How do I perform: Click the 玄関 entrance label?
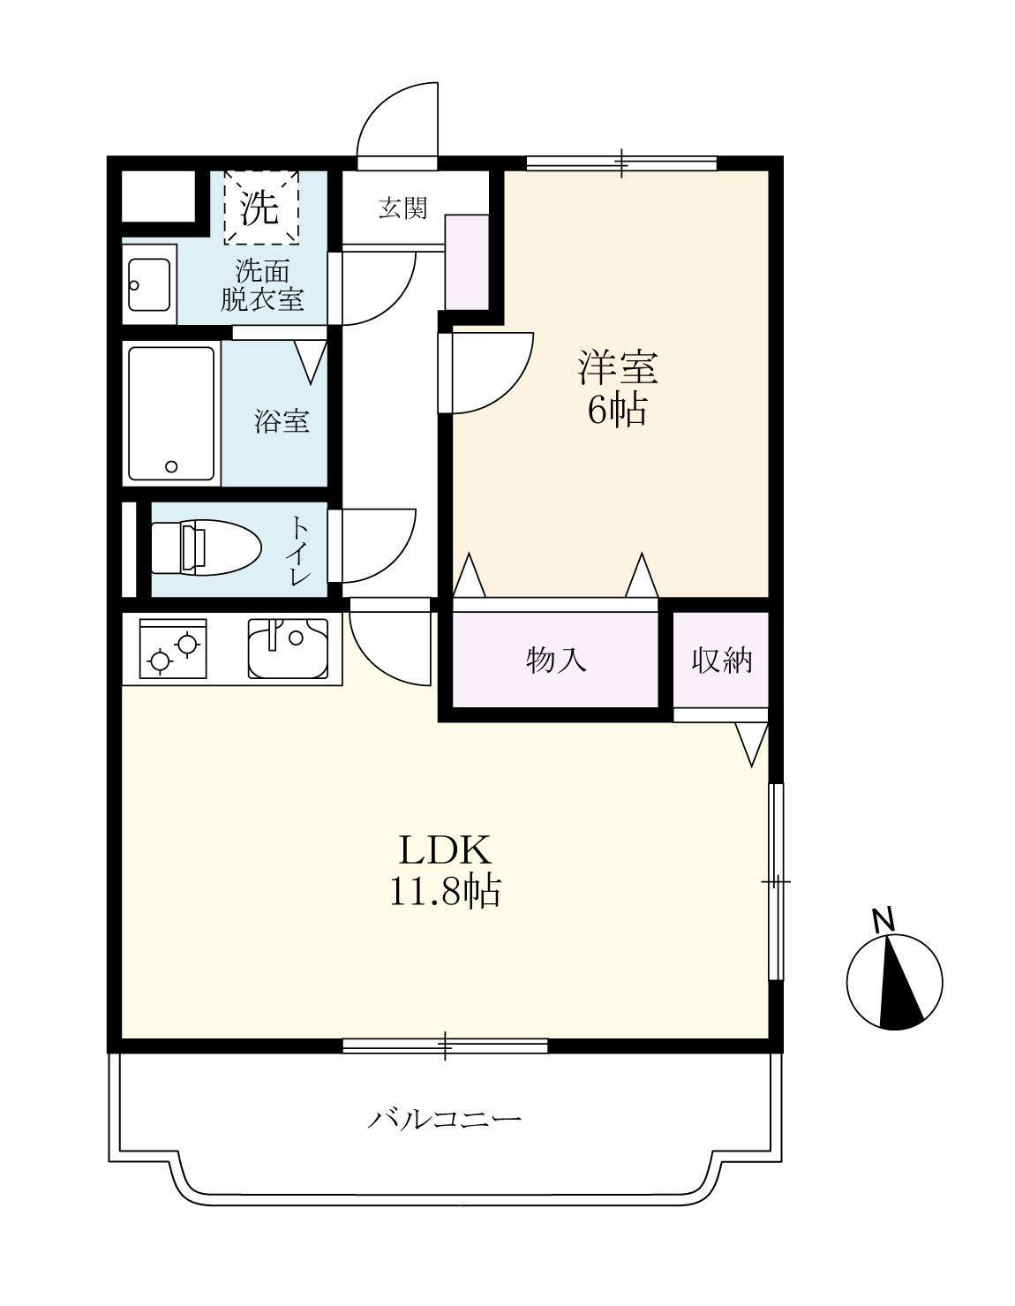click(402, 208)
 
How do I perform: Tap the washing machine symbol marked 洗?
click(260, 207)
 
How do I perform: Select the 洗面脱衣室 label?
click(261, 285)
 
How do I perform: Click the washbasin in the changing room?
click(148, 284)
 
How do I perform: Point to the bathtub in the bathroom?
click(171, 414)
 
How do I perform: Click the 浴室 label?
click(282, 421)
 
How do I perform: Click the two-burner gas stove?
click(173, 649)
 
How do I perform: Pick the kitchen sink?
click(288, 649)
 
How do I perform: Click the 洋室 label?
click(618, 366)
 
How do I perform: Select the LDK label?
click(445, 849)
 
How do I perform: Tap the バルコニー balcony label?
click(445, 1120)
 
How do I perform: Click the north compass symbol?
click(894, 981)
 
